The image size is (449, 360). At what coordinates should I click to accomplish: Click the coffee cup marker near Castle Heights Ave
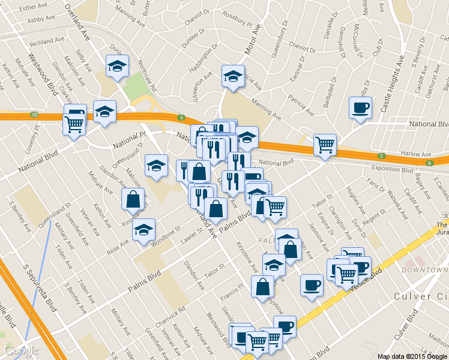coord(360,108)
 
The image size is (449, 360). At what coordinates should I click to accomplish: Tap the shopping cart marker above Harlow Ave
coord(325,145)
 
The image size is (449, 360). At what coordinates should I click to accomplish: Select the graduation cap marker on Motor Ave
coord(233,76)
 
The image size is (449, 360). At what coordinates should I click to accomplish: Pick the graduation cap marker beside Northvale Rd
coord(117,66)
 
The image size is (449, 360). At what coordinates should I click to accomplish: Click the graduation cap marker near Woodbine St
coord(143,230)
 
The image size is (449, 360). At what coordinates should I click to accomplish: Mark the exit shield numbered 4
coord(181,118)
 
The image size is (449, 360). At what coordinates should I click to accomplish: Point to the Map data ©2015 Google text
coord(412,356)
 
